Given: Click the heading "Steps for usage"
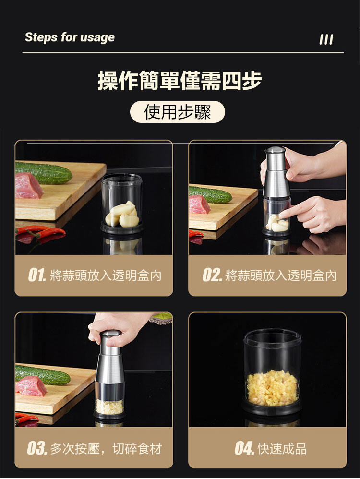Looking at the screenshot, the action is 70,37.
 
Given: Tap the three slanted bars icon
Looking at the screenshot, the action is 326,39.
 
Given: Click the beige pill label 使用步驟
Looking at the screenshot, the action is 177,112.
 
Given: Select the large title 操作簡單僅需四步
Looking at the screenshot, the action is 180,81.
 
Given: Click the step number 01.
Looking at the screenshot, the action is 37,275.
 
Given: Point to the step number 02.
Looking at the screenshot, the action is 212,275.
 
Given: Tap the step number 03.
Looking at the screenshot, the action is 37,448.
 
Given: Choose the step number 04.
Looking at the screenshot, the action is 244,448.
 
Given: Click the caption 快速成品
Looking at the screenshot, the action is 282,449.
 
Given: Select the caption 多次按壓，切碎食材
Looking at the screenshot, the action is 106,449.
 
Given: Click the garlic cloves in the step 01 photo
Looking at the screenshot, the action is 122,215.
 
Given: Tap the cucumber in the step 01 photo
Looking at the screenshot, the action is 43,173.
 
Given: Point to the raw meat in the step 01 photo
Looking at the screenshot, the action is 29,186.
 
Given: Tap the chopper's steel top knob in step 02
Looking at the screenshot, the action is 275,150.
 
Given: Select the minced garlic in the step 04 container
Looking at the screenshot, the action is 272,388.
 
